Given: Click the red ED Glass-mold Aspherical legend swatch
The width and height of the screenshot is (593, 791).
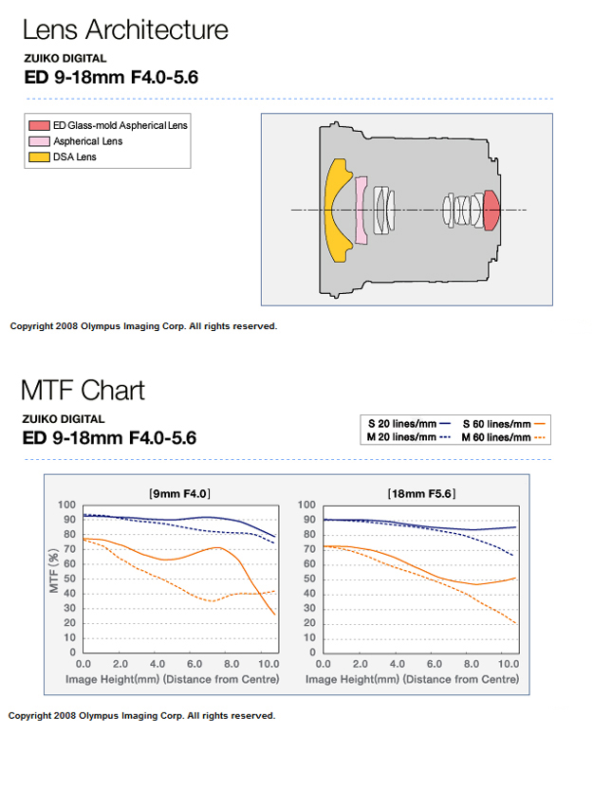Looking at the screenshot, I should pyautogui.click(x=39, y=126).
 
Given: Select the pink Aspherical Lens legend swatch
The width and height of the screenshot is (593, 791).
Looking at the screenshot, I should pyautogui.click(x=39, y=141).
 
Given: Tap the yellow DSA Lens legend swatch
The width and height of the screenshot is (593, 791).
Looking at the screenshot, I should pyautogui.click(x=39, y=156).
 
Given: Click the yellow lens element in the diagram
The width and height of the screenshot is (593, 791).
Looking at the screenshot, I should pyautogui.click(x=337, y=210).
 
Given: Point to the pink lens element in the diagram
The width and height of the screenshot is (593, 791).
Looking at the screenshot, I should pyautogui.click(x=361, y=210).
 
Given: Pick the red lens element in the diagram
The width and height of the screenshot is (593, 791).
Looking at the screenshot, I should pyautogui.click(x=491, y=210).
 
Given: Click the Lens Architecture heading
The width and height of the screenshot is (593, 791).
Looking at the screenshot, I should pyautogui.click(x=125, y=29).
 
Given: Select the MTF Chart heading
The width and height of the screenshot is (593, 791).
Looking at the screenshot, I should pyautogui.click(x=83, y=390).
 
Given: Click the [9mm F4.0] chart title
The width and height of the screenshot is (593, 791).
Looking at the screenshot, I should pyautogui.click(x=179, y=493).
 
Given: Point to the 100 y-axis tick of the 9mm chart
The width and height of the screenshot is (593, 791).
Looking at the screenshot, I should pyautogui.click(x=67, y=505).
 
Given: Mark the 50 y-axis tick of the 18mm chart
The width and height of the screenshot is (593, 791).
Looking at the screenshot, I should pyautogui.click(x=308, y=579).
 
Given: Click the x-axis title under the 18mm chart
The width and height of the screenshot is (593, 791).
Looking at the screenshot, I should pyautogui.click(x=412, y=679).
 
